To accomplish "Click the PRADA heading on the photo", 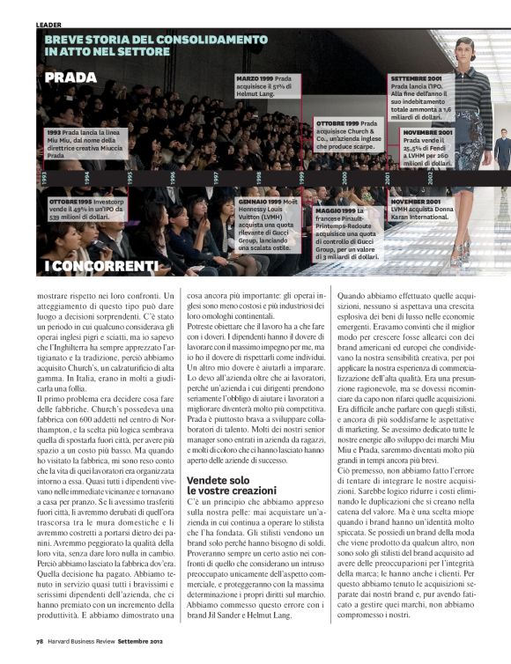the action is [x=70, y=77].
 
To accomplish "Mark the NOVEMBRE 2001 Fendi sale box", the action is [x=427, y=146].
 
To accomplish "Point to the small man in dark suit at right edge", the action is [x=501, y=150].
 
